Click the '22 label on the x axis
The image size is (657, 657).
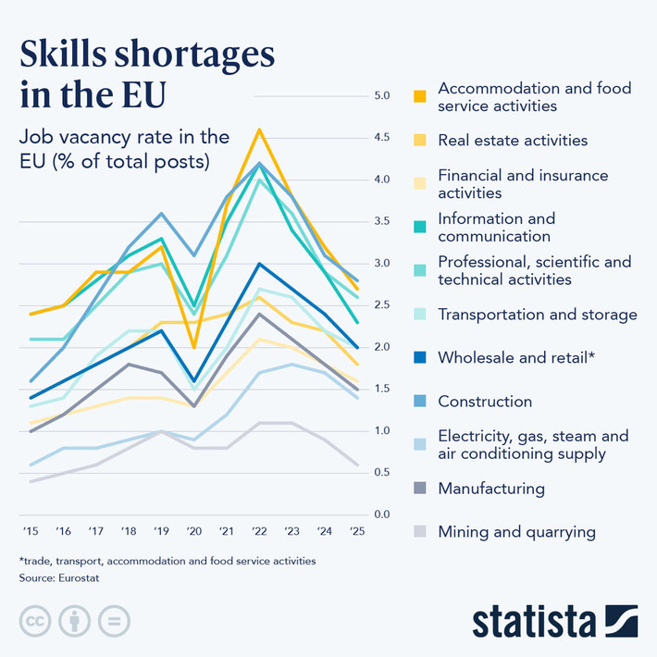point(260,532)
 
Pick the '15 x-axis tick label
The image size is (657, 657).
point(30,532)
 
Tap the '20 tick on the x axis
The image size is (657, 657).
point(193,532)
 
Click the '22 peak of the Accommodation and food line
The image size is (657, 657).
point(260,130)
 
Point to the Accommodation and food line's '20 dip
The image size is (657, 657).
point(193,347)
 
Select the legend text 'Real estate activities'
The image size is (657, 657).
point(512,141)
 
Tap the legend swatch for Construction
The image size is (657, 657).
point(419,402)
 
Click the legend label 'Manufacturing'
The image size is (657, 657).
point(490,489)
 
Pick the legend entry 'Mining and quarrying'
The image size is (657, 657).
point(515,532)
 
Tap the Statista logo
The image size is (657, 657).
point(554,621)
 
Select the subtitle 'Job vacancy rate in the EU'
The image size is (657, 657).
point(124,148)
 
